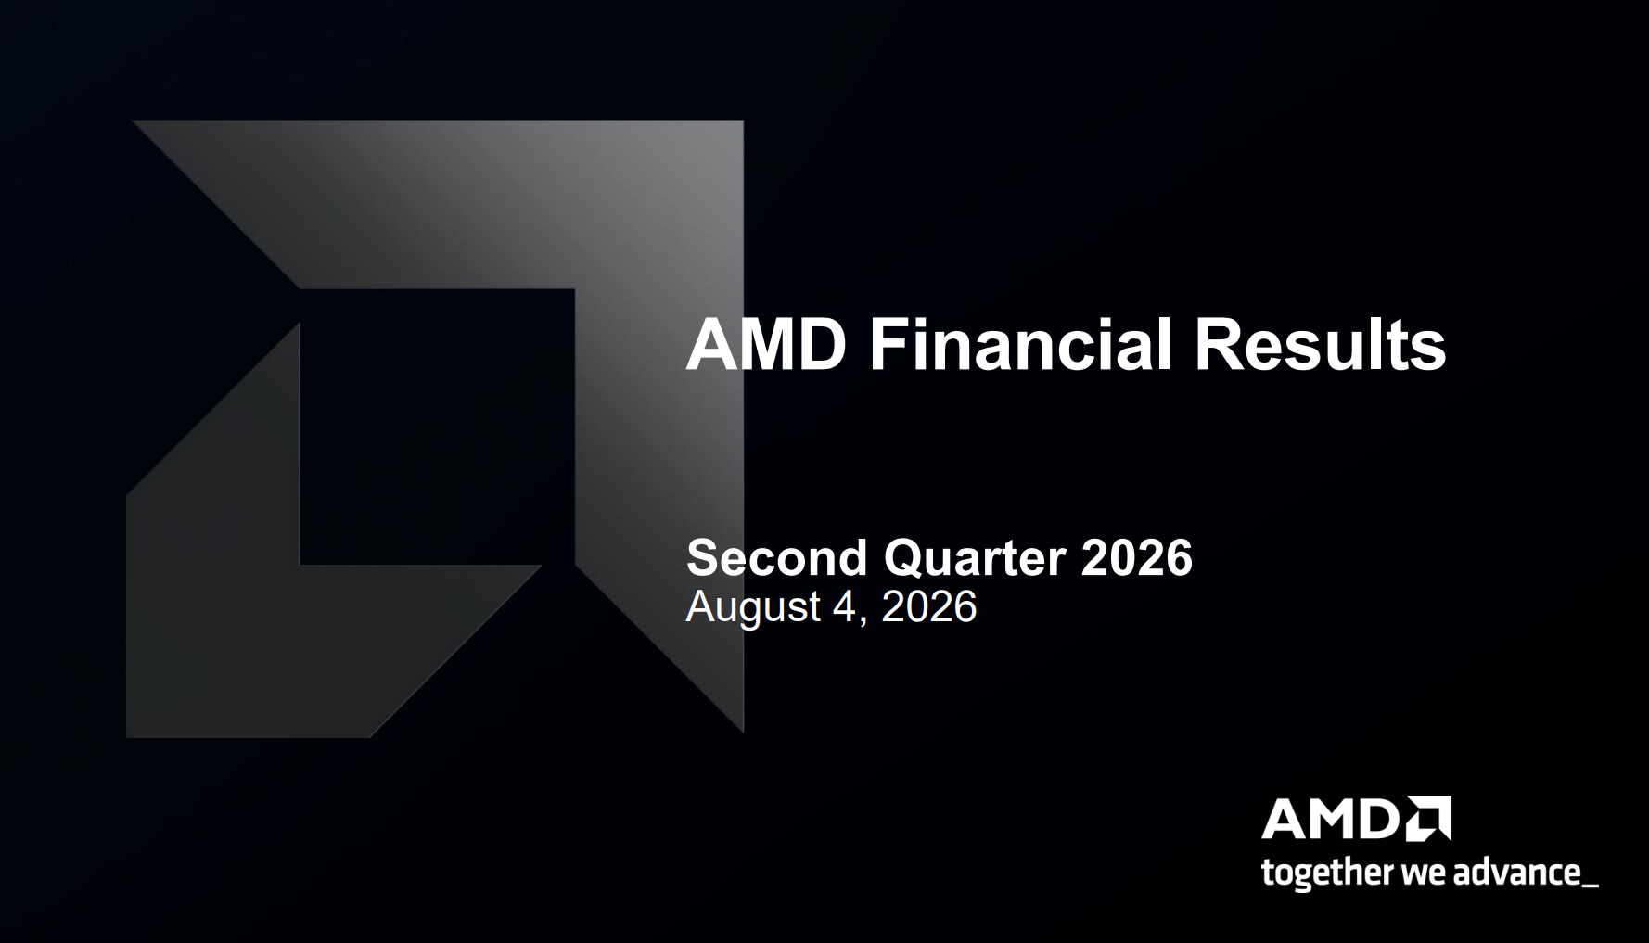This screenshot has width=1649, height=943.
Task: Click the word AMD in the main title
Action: click(766, 345)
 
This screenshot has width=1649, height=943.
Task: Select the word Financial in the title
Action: click(1020, 345)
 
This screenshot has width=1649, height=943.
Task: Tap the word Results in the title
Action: click(1320, 345)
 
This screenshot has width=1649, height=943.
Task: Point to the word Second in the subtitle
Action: click(776, 557)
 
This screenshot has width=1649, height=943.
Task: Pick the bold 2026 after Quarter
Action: click(1136, 557)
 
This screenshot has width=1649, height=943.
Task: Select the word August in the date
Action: click(753, 608)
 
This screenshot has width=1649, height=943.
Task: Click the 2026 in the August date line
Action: click(928, 606)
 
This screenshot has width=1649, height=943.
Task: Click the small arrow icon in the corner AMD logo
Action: click(1429, 818)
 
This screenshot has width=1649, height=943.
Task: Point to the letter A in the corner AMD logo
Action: click(1284, 820)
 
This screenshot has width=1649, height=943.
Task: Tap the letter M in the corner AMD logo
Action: click(1332, 820)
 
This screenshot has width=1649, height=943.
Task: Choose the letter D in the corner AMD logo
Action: click(1380, 820)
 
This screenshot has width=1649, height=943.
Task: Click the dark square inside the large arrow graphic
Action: click(437, 426)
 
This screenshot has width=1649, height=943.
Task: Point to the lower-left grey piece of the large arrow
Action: click(278, 593)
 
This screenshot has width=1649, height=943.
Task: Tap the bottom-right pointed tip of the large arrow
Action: click(743, 731)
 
